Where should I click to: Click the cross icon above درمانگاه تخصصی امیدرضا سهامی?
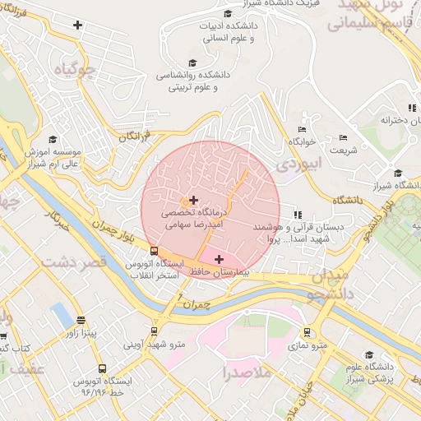[x=193, y=200]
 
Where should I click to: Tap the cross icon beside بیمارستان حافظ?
[x=219, y=260]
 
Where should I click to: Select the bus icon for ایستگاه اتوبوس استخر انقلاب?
[x=154, y=252]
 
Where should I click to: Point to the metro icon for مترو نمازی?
[x=308, y=333]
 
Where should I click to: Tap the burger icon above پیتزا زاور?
[x=81, y=320]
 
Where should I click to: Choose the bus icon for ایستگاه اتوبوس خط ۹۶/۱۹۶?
[x=102, y=369]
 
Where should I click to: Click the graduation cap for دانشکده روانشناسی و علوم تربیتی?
[x=192, y=63]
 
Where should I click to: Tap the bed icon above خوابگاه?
[x=302, y=129]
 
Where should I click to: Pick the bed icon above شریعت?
[x=343, y=137]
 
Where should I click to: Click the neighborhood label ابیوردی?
[x=294, y=164]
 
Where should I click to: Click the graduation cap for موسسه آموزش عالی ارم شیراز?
[x=53, y=140]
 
